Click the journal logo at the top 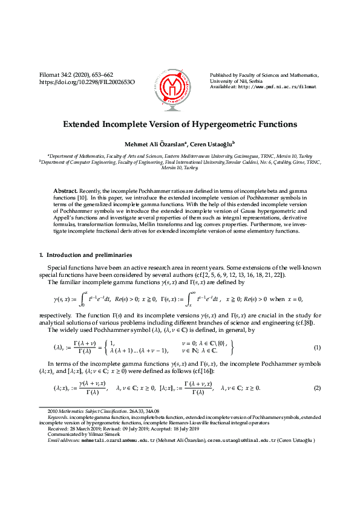tap(179, 81)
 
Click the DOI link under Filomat tap(87, 82)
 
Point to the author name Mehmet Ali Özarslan tap(150, 144)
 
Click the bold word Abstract tap(65, 190)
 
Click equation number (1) tap(317, 365)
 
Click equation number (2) tap(317, 404)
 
